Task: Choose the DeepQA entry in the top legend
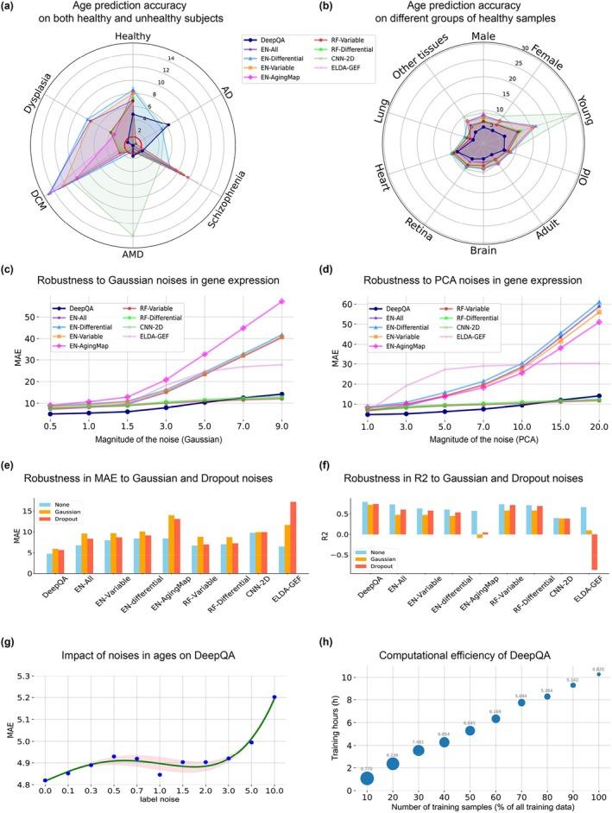point(268,39)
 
